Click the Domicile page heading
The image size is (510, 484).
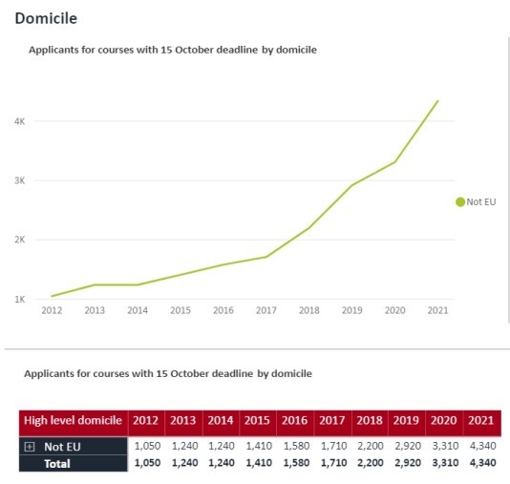point(47,18)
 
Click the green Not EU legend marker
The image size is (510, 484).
point(459,201)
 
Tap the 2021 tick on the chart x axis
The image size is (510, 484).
point(437,310)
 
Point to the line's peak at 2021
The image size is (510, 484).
point(437,100)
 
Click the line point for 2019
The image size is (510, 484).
point(351,185)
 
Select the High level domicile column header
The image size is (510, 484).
point(72,421)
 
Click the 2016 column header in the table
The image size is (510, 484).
point(296,421)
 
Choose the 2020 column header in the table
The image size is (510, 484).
point(445,421)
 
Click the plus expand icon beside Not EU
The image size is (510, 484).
point(30,446)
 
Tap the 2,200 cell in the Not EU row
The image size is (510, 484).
point(370,446)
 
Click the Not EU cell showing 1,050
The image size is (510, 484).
point(146,446)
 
